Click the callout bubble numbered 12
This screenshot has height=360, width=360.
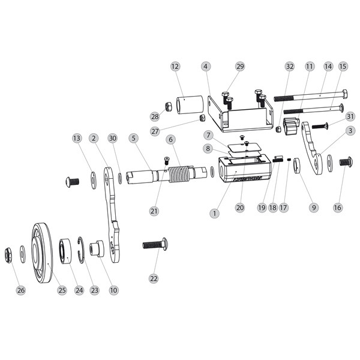tap(175, 66)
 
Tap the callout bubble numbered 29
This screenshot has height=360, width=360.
tap(240, 66)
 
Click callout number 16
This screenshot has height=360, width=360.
tap(337, 207)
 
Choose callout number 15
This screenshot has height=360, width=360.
tap(343, 66)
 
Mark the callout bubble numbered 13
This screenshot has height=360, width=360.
tap(76, 138)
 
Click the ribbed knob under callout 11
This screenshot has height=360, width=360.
tap(291, 127)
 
